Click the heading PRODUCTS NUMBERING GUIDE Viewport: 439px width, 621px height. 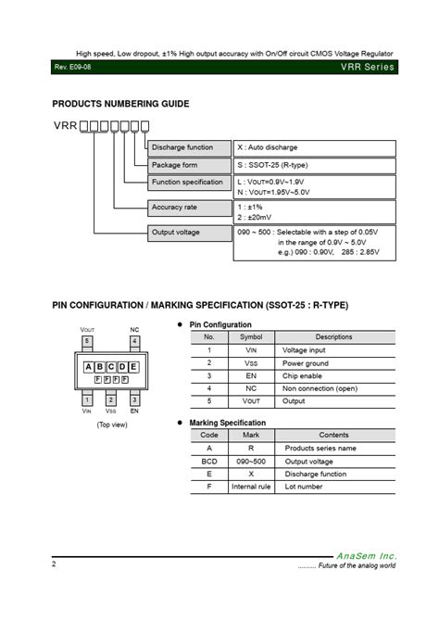click(120, 104)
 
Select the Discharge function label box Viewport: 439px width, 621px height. click(190, 147)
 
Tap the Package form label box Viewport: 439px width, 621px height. click(190, 165)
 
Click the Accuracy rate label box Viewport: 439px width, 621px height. click(190, 208)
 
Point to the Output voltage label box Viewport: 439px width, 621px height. click(190, 233)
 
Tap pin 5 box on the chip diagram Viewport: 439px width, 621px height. click(87, 341)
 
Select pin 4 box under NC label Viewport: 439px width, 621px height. click(134, 341)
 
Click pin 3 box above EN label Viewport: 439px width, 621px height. click(134, 399)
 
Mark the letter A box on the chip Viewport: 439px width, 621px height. click(89, 367)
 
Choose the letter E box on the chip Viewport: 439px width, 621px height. click(133, 367)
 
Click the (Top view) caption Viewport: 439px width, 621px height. click(111, 425)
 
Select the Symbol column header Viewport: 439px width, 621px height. click(251, 337)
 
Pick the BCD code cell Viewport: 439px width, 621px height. click(209, 461)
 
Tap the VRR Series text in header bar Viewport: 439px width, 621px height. click(367, 67)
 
